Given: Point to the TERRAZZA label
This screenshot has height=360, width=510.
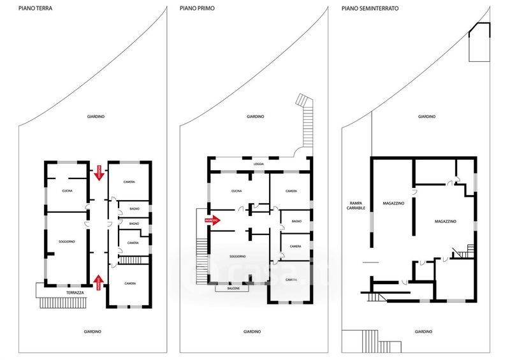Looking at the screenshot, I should [x=75, y=292].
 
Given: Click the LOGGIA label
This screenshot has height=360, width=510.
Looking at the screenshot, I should [x=258, y=164].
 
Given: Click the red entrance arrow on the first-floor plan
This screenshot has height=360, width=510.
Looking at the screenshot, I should [x=212, y=220].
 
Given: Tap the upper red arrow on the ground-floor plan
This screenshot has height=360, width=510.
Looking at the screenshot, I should [x=98, y=172].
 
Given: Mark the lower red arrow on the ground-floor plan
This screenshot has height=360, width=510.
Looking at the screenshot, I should [x=98, y=282].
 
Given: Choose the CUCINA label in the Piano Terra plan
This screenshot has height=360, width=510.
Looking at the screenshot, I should [x=66, y=191].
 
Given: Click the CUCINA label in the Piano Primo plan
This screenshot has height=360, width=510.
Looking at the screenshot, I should [x=237, y=191].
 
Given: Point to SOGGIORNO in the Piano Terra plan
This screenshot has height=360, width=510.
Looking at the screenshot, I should [x=66, y=241].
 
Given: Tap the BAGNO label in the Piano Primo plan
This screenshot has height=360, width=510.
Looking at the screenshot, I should [x=296, y=221].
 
